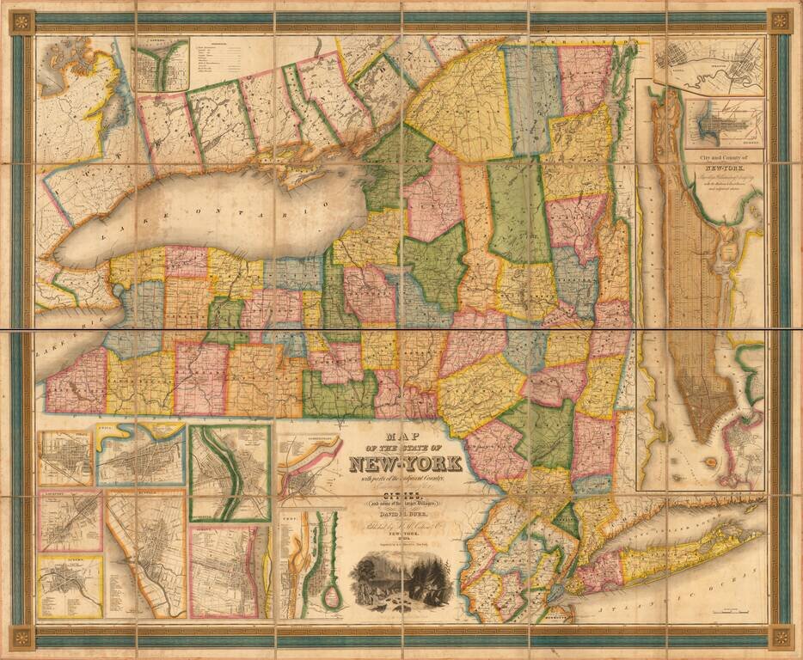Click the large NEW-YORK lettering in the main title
pyautogui.click(x=405, y=465)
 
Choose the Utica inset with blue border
pyautogui.click(x=141, y=455)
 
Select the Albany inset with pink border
pyautogui.click(x=229, y=571)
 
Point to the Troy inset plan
pyautogui.click(x=310, y=564)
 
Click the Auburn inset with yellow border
pyautogui.click(x=70, y=586)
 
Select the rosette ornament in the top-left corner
pyautogui.click(x=22, y=21)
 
